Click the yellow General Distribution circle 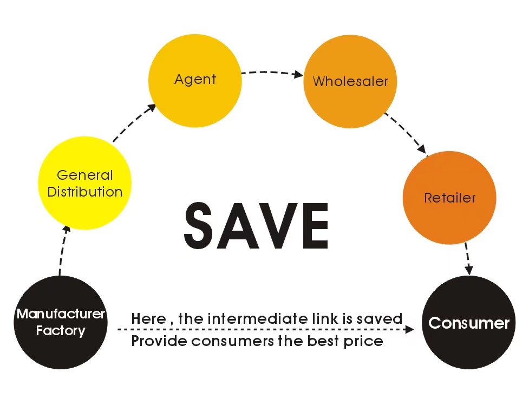point(84,183)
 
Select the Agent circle point(195,80)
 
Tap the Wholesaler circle point(350,81)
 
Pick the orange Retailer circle point(449,198)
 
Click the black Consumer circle point(469,323)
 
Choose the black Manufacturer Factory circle point(61,322)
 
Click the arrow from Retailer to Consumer point(468,258)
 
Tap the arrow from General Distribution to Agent point(134,122)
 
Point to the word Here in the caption point(149,318)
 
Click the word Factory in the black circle point(61,330)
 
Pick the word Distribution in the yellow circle point(84,192)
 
